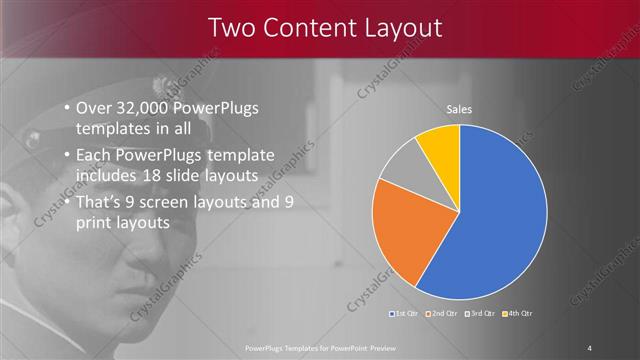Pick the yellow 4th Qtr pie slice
tap(441, 145)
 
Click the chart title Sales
tap(459, 109)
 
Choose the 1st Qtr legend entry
tap(404, 314)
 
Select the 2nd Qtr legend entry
tap(441, 314)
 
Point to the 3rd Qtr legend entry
tap(479, 314)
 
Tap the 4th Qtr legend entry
tap(516, 314)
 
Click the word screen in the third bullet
tap(172, 202)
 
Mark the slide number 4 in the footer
tap(590, 347)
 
